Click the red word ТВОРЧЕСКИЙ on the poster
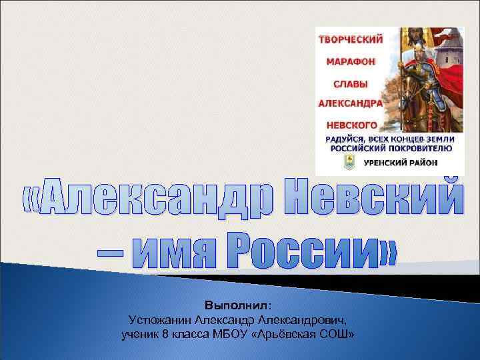351,39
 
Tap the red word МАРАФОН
351,61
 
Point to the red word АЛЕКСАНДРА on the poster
351,104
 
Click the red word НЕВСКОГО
351,125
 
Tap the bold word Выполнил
238,305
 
